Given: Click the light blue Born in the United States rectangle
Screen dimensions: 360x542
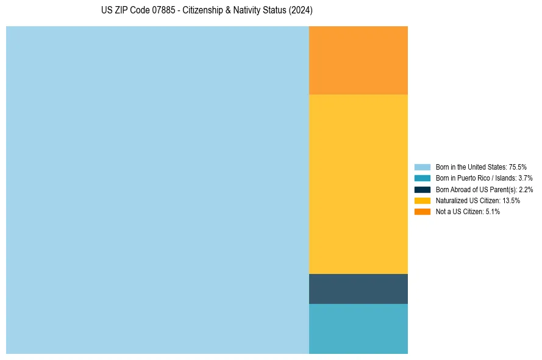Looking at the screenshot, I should point(157,190).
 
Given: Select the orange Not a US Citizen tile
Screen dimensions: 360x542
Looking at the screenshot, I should point(358,60).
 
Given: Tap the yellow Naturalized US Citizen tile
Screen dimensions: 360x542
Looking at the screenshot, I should point(358,184).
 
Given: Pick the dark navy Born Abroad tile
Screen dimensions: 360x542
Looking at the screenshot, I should point(358,289).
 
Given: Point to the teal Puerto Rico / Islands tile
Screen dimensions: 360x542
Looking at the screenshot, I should point(358,328).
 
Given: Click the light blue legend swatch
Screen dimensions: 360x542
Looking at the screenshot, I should point(423,167).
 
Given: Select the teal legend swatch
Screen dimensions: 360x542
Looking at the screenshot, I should point(423,178).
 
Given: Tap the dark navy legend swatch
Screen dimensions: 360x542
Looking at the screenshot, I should point(423,189).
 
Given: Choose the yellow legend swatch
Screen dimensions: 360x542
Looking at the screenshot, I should point(423,200).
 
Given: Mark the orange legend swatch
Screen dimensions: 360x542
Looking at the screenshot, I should point(423,211).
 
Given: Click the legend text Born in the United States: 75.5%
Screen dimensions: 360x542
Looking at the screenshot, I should point(481,167).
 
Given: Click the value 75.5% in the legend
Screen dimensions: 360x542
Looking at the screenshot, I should point(518,167).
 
